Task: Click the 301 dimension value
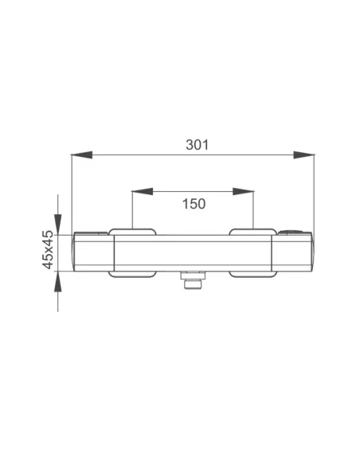tap(198, 145)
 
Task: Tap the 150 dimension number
tap(194, 204)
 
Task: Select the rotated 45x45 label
tap(48, 250)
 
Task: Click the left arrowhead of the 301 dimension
tap(82, 154)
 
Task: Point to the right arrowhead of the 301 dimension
tap(303, 154)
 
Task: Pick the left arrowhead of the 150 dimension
tap(143, 192)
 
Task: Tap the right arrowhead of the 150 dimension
tap(243, 192)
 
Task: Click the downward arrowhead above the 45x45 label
tap(58, 225)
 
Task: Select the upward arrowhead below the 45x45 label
tap(58, 281)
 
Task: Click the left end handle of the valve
tap(93, 252)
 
